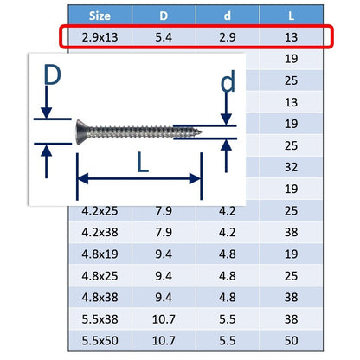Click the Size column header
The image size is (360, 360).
click(100, 16)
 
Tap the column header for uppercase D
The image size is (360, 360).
click(164, 16)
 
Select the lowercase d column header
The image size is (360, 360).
click(228, 16)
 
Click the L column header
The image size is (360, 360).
click(291, 16)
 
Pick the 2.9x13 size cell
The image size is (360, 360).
click(100, 37)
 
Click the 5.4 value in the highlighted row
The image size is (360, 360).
click(164, 37)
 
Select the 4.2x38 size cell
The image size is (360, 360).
click(100, 232)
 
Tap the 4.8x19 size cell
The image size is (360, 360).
click(100, 254)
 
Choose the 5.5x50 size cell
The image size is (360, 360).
click(100, 341)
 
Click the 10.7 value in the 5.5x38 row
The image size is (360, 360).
click(164, 319)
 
